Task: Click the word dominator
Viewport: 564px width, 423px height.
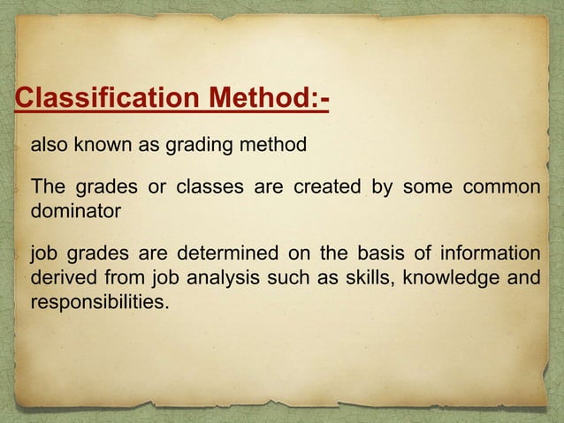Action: (x=74, y=212)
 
